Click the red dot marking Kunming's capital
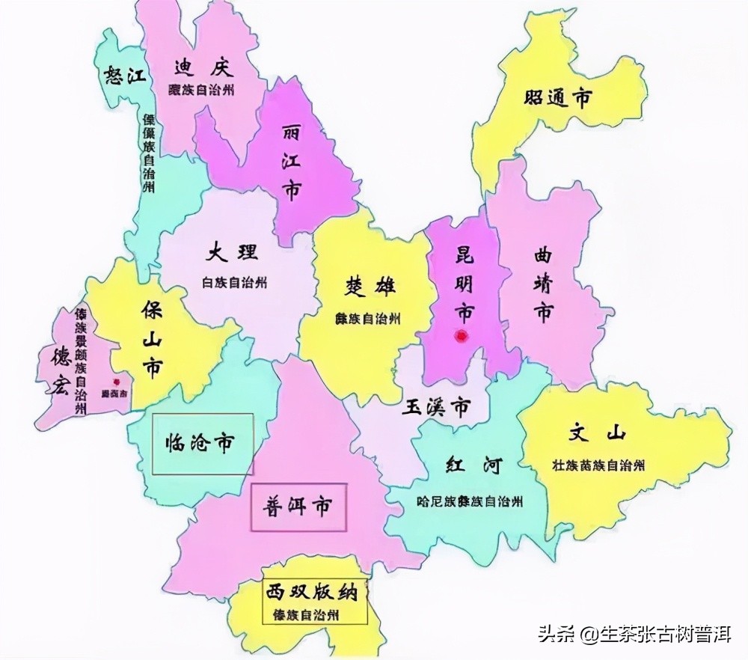[462, 337]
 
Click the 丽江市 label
[291, 163]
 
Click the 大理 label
[232, 252]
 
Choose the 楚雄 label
[370, 287]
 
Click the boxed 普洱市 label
[298, 507]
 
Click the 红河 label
[471, 466]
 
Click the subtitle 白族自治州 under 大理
[234, 283]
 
